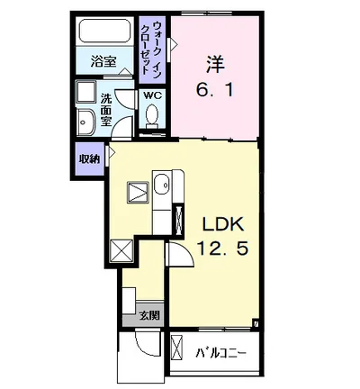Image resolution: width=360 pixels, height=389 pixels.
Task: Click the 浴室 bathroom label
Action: pos(104,62)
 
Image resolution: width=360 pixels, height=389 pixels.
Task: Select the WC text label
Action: pos(151,95)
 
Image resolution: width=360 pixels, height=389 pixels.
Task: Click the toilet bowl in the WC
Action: pos(152,117)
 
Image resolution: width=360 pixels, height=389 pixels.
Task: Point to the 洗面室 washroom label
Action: pos(106,109)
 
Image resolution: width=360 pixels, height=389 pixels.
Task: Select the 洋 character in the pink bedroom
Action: pos(215,64)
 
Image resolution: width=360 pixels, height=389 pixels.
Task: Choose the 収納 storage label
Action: pos(88,159)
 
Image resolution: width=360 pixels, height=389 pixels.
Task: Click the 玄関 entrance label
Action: pos(149,315)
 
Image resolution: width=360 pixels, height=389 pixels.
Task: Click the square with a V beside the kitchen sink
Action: pos(136,191)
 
